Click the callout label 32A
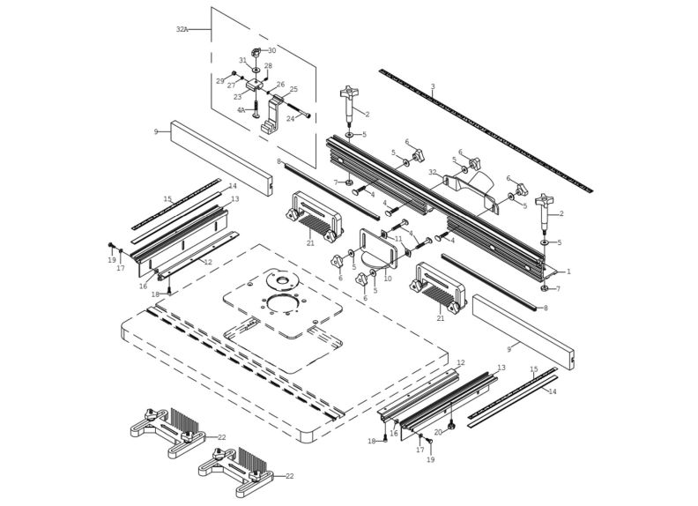coord(182,29)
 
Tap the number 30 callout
coord(271,50)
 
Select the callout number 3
coord(433,86)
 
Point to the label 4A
coord(241,110)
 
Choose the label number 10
coord(387,279)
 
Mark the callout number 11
coord(398,239)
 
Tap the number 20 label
coord(437,432)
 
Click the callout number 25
coord(293,89)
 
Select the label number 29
coord(220,81)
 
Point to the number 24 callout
coord(290,119)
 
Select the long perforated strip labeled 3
coord(485,128)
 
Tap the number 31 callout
coord(242,61)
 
